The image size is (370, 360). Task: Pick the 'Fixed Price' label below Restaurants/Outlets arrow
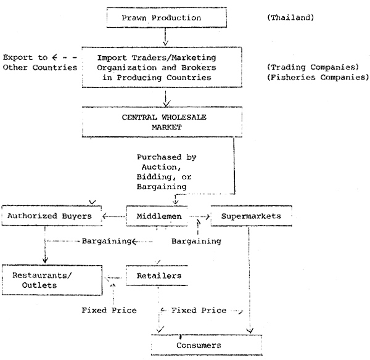point(109,310)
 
